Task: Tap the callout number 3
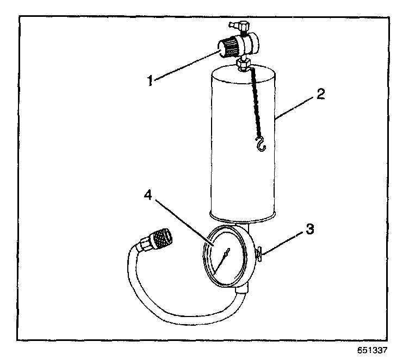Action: click(x=309, y=229)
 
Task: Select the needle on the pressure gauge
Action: click(x=222, y=260)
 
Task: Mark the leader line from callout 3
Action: click(x=283, y=240)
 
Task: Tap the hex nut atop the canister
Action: click(x=243, y=67)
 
